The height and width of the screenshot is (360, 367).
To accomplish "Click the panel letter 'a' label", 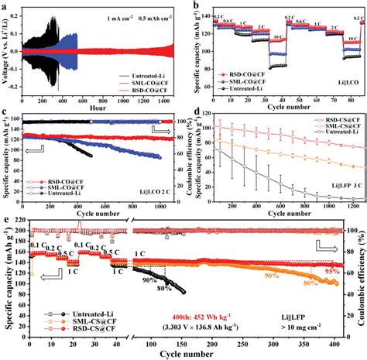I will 5,6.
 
